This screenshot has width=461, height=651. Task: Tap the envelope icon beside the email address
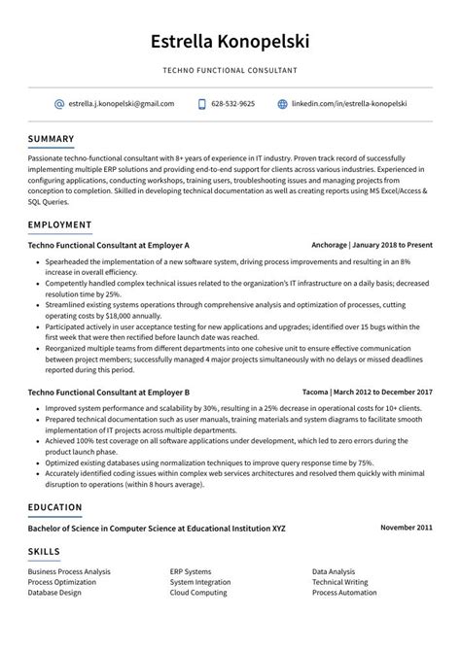pos(59,103)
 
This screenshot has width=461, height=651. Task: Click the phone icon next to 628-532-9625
pos(202,103)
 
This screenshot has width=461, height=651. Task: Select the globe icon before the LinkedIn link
pos(283,103)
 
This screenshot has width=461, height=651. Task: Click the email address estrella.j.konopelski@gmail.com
pos(122,103)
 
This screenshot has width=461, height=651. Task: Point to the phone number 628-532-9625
pos(233,103)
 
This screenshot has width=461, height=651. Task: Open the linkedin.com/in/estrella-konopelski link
pos(349,103)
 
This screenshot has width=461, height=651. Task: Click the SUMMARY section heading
pos(52,138)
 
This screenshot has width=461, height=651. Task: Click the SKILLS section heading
pos(44,551)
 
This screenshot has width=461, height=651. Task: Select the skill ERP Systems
pos(191,571)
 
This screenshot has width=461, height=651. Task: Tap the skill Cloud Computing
pos(197,592)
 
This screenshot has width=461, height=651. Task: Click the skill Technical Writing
pos(339,582)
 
